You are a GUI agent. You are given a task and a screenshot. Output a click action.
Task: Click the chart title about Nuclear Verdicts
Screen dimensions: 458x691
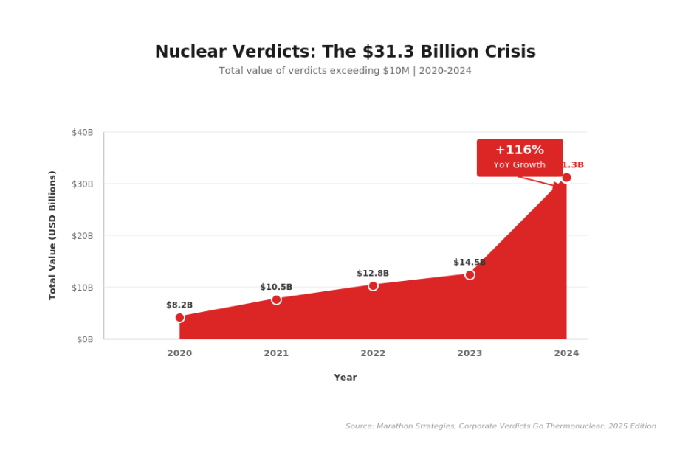pyautogui.click(x=345, y=52)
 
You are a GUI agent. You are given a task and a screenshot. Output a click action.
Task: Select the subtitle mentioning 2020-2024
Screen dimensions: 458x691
pyautogui.click(x=345, y=71)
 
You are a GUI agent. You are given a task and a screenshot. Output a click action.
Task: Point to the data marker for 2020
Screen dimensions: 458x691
pyautogui.click(x=179, y=318)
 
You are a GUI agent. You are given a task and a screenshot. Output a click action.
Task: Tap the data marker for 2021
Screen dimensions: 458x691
pyautogui.click(x=276, y=299)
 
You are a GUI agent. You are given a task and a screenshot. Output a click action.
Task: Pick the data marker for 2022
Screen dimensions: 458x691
pyautogui.click(x=373, y=286)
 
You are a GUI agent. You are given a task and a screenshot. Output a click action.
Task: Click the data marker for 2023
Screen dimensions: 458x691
pyautogui.click(x=470, y=275)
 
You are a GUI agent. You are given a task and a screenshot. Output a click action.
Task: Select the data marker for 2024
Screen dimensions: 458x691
pyautogui.click(x=566, y=178)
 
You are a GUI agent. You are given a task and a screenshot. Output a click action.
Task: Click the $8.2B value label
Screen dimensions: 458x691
pyautogui.click(x=179, y=305)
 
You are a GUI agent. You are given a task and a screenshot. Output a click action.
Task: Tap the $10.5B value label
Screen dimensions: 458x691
pyautogui.click(x=276, y=288)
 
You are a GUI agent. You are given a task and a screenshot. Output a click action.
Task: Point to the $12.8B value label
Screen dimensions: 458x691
pyautogui.click(x=373, y=274)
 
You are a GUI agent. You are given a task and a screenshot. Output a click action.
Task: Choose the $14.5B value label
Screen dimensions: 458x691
pyautogui.click(x=470, y=263)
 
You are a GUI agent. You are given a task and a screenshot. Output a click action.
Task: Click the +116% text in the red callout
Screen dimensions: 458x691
pyautogui.click(x=519, y=150)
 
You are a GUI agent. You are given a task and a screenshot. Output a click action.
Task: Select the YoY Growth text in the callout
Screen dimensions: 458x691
pyautogui.click(x=519, y=165)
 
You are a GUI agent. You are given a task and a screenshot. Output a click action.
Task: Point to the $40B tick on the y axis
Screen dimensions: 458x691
pyautogui.click(x=83, y=133)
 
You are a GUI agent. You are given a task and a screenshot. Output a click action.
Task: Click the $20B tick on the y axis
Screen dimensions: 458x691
pyautogui.click(x=83, y=236)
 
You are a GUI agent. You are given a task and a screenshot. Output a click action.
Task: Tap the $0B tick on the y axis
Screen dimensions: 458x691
pyautogui.click(x=85, y=339)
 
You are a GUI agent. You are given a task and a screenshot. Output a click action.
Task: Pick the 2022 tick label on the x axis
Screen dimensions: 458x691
pyautogui.click(x=373, y=354)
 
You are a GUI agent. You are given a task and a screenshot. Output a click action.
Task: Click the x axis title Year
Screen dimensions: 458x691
pyautogui.click(x=345, y=378)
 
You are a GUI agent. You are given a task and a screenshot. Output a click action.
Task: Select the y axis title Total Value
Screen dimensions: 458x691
pyautogui.click(x=52, y=235)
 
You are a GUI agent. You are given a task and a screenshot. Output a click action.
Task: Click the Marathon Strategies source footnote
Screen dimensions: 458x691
pyautogui.click(x=501, y=426)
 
